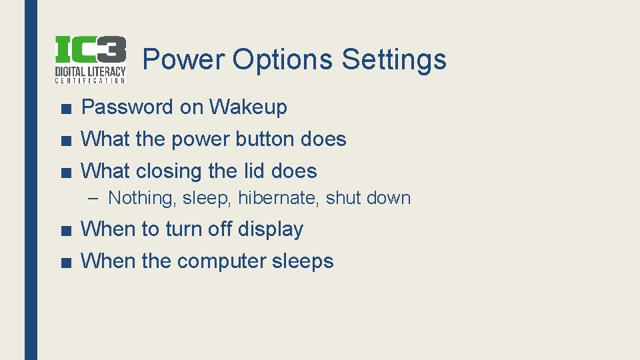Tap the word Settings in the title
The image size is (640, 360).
[393, 59]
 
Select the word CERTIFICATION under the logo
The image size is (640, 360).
[90, 81]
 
